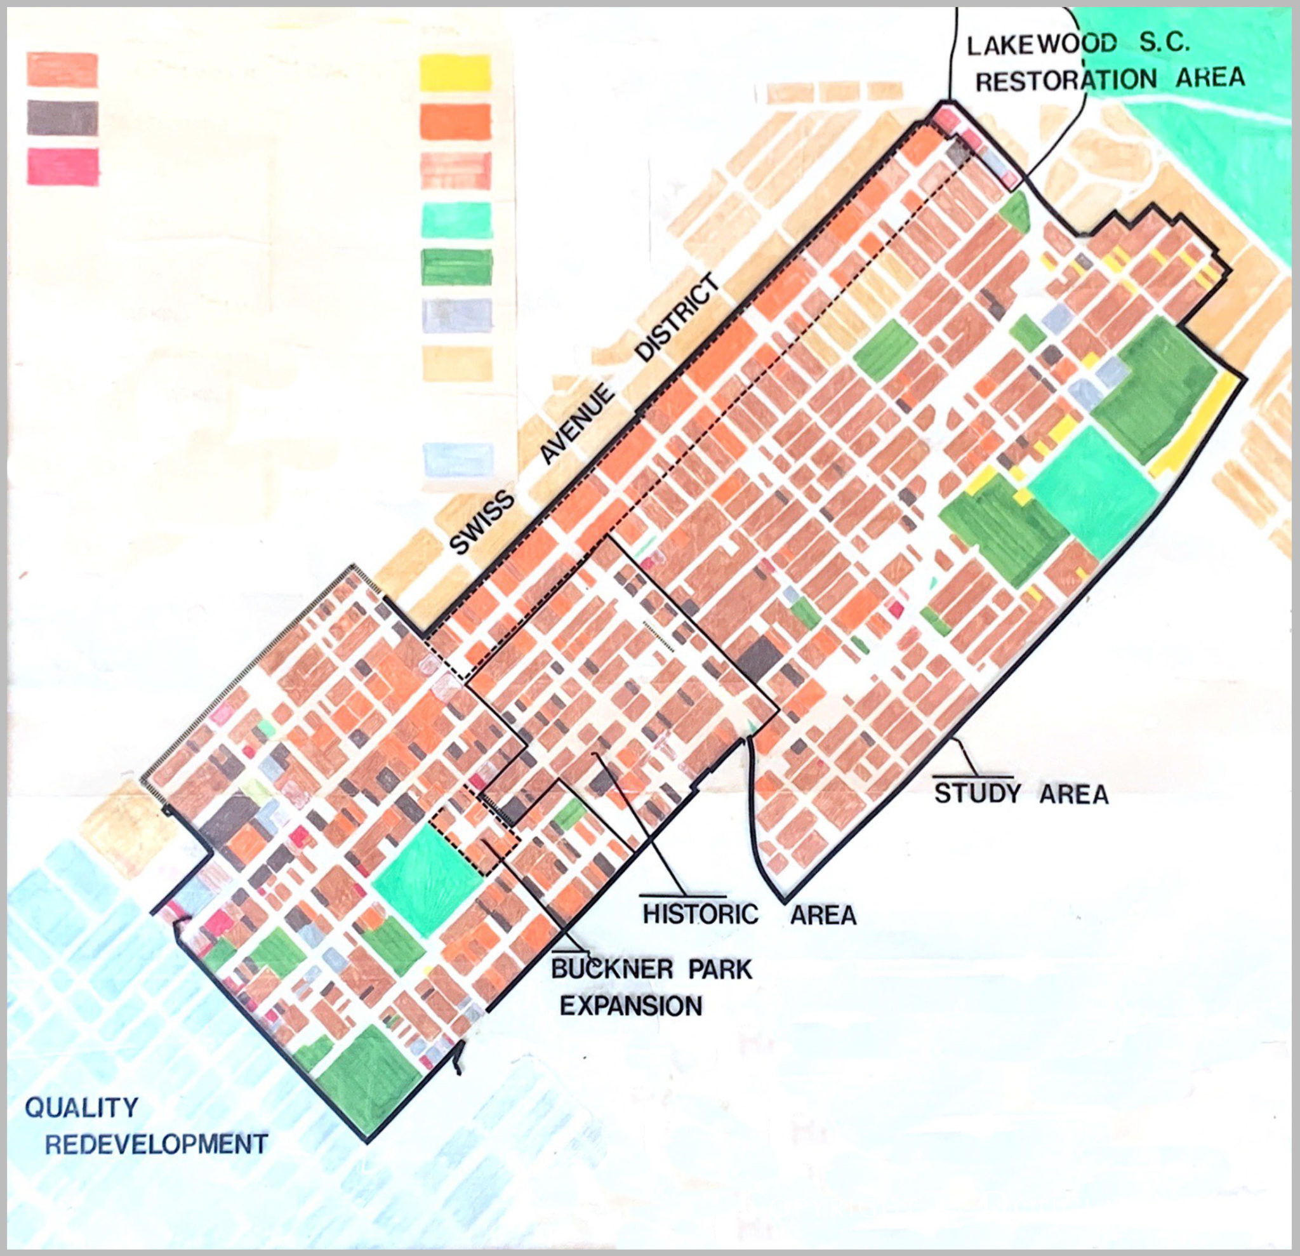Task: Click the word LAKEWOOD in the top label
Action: [1041, 46]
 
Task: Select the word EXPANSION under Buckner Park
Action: [631, 1006]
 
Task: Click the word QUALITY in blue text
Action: [82, 1107]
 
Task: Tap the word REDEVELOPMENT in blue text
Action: [157, 1144]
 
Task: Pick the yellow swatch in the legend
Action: [456, 74]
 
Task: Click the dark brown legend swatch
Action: [63, 118]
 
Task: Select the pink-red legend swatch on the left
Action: [63, 166]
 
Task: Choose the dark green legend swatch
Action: [456, 267]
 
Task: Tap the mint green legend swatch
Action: [456, 220]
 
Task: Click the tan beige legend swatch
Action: [456, 364]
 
